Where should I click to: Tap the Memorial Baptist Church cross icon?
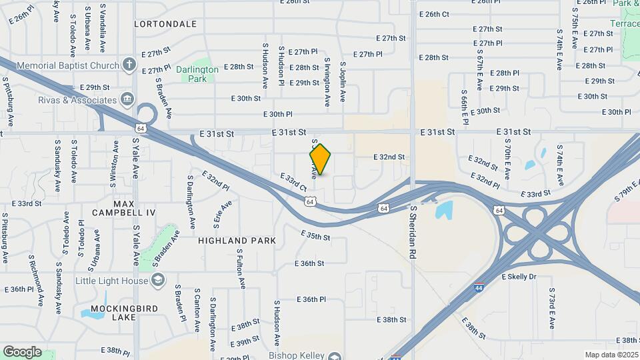click(129, 65)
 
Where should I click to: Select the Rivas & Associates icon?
click(127, 101)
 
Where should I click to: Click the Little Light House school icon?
click(157, 281)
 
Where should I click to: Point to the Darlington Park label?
click(197, 73)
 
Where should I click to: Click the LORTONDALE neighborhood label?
click(165, 24)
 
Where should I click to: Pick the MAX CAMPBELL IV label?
click(133, 207)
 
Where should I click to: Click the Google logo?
click(22, 351)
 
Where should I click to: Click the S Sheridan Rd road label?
click(413, 232)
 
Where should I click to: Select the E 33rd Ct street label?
click(294, 183)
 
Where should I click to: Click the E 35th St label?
click(315, 236)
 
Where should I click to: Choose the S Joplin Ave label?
click(343, 81)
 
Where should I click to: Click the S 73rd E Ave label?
click(552, 309)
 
